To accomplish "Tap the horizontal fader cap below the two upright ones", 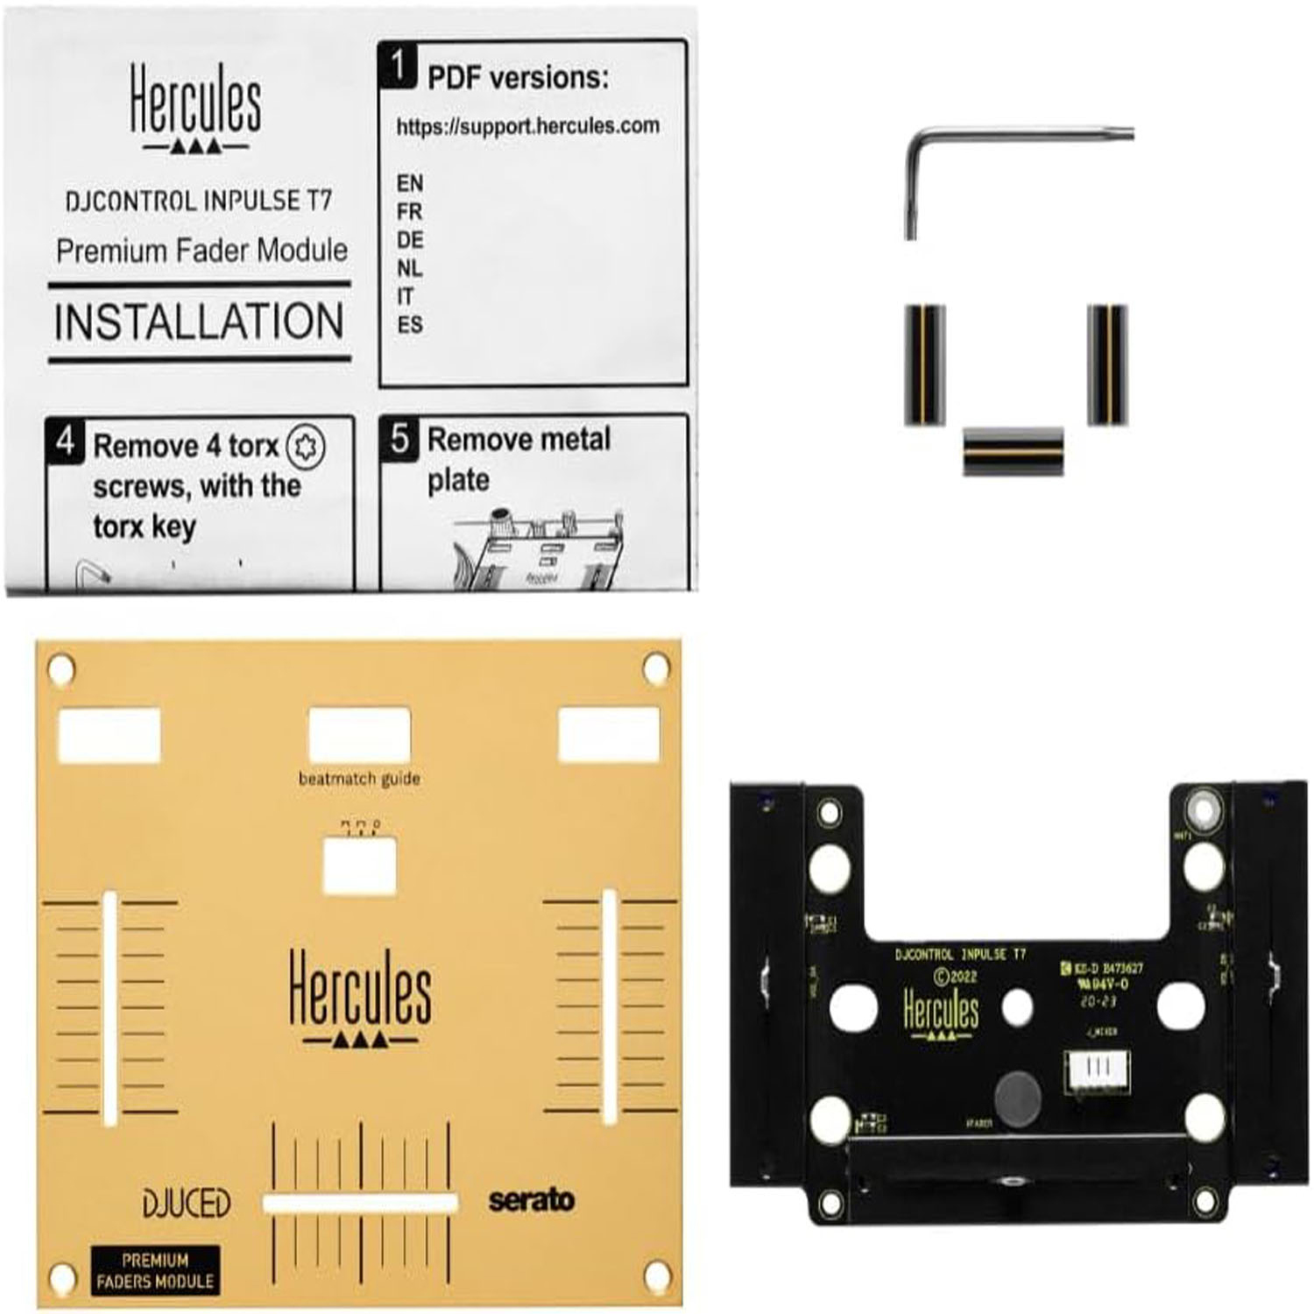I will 1014,450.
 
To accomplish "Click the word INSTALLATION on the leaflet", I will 199,321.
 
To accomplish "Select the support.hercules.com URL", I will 527,126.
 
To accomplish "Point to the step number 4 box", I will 65,440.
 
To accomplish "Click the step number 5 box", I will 399,438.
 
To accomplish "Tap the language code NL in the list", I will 409,268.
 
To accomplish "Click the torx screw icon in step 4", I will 305,446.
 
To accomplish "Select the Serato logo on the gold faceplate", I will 531,1199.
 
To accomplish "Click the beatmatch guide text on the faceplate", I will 359,779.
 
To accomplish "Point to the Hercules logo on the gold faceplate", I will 360,999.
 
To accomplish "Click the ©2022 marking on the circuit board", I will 955,977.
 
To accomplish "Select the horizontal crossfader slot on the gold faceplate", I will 360,1203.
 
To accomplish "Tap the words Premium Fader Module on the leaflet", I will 201,251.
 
